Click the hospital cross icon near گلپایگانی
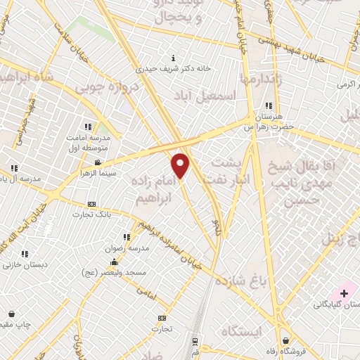click(x=345, y=292)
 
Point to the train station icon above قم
click(x=195, y=340)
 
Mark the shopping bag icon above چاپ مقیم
click(x=11, y=314)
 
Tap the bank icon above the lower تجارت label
click(x=162, y=318)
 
